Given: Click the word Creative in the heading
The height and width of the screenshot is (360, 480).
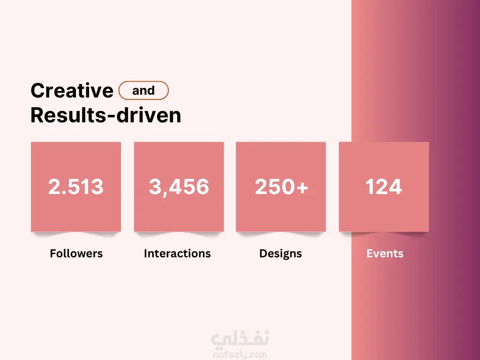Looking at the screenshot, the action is pos(72,90).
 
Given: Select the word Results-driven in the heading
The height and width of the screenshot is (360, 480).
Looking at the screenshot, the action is pos(106,115).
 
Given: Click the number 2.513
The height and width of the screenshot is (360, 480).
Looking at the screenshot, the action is pos(76,187).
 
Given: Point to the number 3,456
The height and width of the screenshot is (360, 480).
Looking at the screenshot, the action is pos(179,187).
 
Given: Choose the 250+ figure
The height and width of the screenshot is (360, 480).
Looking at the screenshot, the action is pos(281,187).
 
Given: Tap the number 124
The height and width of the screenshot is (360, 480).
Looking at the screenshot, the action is pos(383,187).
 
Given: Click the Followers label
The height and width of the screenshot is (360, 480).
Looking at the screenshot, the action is pos(76,254).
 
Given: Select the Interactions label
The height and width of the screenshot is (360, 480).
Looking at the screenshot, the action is pos(177,254).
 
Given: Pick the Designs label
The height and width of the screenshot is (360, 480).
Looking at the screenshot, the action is pos(280,254).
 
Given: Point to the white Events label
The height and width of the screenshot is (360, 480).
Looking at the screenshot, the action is pos(385,254).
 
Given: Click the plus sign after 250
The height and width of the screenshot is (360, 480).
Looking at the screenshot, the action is pos(302,187).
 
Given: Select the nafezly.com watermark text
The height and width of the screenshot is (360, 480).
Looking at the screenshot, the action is pos(240,355).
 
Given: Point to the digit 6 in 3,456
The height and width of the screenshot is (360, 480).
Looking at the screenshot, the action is pos(202,187).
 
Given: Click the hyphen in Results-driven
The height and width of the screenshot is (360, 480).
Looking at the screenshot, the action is pos(112,117).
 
